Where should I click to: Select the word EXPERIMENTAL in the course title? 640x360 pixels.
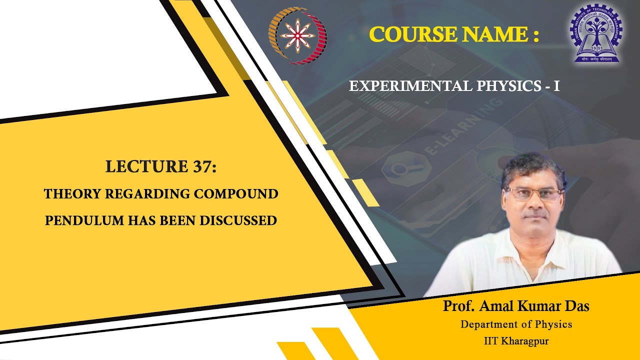coord(409,86)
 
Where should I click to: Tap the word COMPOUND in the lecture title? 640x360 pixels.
coord(236,194)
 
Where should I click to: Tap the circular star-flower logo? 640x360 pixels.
coord(297,35)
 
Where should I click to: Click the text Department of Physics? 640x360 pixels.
coord(516,324)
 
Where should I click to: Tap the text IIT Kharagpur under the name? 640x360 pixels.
coord(516,341)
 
